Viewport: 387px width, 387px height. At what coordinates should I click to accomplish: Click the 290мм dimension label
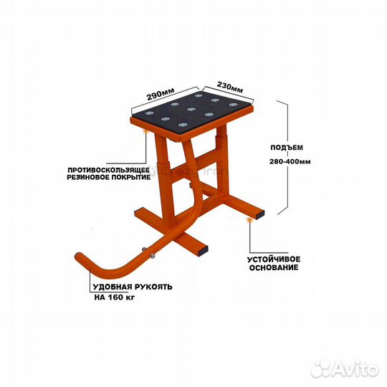[x=161, y=94]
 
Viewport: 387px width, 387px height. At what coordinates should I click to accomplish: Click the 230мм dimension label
[x=230, y=87]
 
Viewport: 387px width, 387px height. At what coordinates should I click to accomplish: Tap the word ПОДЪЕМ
[x=287, y=148]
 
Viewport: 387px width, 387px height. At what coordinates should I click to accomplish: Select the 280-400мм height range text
[x=290, y=162]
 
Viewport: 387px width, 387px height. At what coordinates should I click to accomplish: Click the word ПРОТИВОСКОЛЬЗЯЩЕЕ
[x=109, y=171]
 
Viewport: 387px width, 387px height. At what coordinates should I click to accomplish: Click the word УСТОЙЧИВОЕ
[x=274, y=259]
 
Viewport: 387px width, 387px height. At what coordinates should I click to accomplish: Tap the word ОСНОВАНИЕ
[x=274, y=267]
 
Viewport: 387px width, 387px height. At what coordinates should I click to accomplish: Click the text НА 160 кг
[x=115, y=297]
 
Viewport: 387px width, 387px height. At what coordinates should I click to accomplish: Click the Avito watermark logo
[x=345, y=369]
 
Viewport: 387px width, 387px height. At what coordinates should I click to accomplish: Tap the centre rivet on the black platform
[x=191, y=110]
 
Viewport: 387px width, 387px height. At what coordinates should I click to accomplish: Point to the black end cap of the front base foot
[x=202, y=250]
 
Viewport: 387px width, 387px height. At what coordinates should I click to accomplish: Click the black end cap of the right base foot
[x=259, y=214]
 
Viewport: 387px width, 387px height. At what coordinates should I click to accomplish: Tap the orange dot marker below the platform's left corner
[x=147, y=131]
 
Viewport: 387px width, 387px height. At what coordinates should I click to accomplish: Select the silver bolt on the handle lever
[x=152, y=256]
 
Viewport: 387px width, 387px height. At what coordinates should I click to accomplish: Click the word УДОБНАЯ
[x=113, y=287]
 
